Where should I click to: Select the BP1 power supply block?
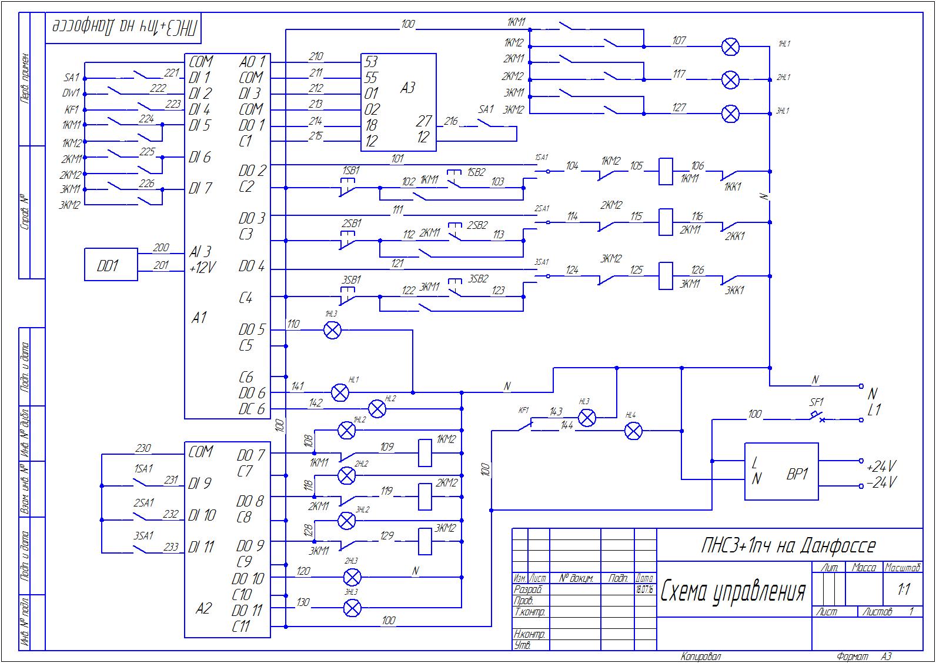point(781,472)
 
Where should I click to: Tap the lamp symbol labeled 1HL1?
point(730,46)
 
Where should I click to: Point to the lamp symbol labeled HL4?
point(633,432)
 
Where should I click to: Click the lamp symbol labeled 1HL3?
point(332,330)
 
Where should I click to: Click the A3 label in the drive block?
point(407,88)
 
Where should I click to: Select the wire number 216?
point(451,121)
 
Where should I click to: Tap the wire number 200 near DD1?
point(160,248)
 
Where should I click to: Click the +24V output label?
point(881,467)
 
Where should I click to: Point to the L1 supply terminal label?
point(874,410)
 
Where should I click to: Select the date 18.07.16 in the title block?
point(645,589)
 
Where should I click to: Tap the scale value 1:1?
point(903,589)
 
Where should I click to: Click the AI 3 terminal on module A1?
point(200,251)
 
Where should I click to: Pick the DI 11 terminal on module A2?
point(202,547)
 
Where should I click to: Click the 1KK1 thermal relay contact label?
point(733,186)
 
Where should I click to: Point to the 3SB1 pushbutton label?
point(351,279)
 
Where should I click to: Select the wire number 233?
point(171,547)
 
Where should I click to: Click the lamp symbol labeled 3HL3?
point(352,608)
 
